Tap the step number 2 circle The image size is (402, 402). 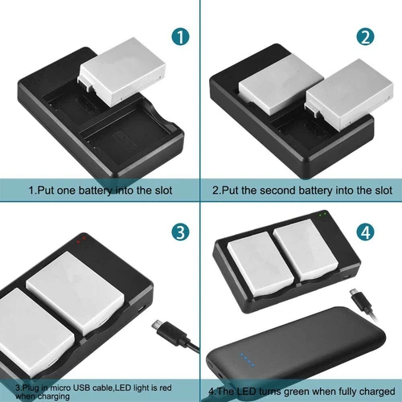[367, 36]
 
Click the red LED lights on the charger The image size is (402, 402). [79, 239]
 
